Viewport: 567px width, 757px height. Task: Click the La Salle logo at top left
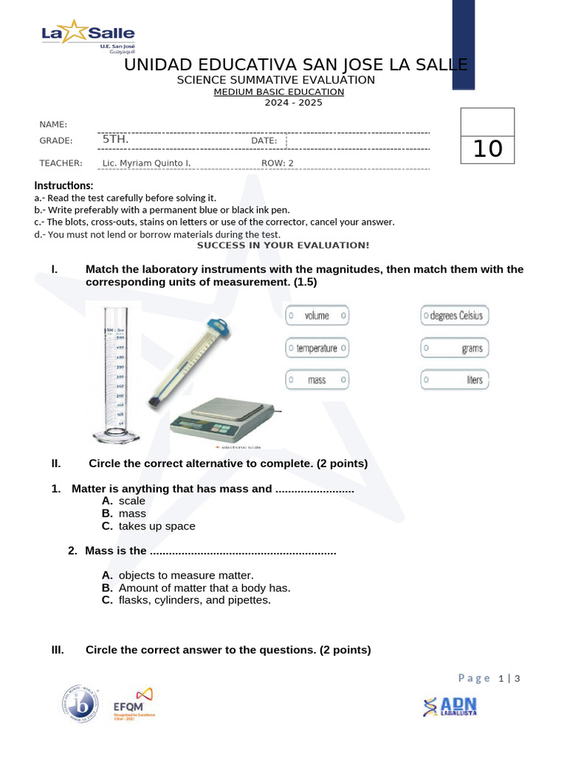(88, 37)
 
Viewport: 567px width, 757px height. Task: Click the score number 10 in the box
(487, 149)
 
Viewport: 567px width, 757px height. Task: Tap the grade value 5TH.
(115, 139)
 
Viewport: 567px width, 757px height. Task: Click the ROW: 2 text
(278, 163)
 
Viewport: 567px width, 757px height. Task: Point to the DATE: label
(264, 140)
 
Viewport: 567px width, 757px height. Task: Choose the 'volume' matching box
(317, 316)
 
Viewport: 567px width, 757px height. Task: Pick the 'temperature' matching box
(317, 347)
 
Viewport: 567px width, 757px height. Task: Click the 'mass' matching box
(317, 380)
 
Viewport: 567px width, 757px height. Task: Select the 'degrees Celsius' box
(454, 316)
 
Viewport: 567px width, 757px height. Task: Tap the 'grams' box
(454, 347)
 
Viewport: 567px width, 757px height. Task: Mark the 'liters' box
(454, 380)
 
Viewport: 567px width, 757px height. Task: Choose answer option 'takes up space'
(157, 526)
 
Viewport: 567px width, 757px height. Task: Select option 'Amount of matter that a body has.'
(204, 588)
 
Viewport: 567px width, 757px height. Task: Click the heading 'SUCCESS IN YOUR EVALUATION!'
(283, 245)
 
